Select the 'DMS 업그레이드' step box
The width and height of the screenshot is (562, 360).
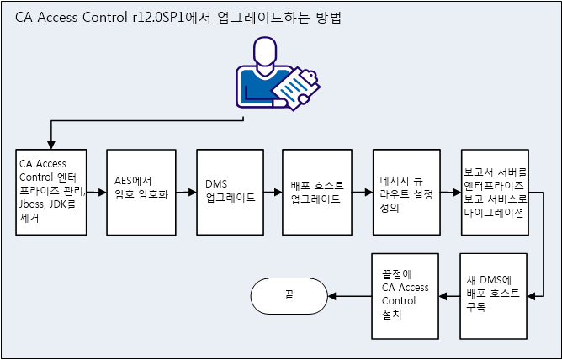(230, 193)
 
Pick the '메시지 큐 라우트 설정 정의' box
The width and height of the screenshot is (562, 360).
(407, 193)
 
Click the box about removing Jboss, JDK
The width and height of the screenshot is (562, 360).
(51, 193)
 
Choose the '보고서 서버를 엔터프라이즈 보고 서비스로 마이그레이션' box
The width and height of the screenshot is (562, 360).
(495, 193)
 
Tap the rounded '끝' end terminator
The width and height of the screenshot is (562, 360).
(289, 294)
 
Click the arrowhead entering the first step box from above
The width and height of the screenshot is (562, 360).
(51, 146)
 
